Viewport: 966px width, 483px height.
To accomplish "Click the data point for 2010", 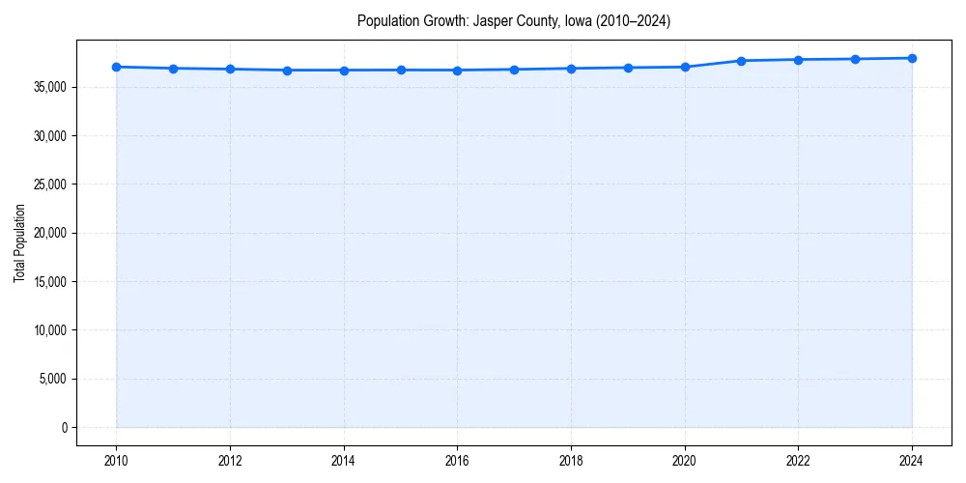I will coord(116,67).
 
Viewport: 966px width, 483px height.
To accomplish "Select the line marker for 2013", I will coord(287,71).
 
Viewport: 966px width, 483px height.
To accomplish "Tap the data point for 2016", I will coord(457,71).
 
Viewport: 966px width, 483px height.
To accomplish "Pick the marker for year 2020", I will coord(685,67).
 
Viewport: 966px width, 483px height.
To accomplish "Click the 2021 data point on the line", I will coord(741,61).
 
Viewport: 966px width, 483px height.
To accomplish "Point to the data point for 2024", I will coord(912,58).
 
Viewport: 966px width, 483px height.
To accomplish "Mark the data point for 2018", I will coord(571,69).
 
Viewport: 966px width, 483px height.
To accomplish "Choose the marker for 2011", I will coord(173,69).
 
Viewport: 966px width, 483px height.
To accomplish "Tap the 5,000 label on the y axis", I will coord(53,379).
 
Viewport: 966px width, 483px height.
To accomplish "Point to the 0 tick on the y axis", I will coord(65,428).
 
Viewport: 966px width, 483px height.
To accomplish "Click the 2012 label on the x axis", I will coord(230,461).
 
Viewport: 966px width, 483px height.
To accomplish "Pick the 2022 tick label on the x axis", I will coord(798,461).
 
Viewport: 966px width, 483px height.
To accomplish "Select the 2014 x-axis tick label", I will coord(344,461).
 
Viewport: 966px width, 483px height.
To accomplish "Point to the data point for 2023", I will coord(855,59).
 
